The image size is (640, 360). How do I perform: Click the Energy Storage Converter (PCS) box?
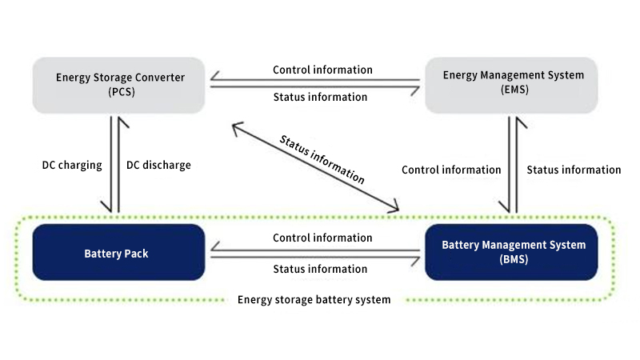(120, 84)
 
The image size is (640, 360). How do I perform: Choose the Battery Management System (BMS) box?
(513, 252)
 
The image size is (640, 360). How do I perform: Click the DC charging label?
(72, 166)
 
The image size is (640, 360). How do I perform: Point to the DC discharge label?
(159, 166)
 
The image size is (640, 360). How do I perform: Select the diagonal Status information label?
(322, 159)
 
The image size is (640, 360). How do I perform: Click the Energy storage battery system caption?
(314, 300)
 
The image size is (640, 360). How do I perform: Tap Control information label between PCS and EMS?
(322, 70)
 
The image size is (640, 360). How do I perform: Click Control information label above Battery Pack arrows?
(322, 238)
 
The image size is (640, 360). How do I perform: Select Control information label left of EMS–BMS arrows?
(451, 170)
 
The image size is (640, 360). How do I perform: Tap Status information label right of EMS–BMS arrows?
(574, 170)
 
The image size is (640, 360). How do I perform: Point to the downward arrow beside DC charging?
(110, 164)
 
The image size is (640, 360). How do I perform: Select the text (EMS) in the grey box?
(513, 90)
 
